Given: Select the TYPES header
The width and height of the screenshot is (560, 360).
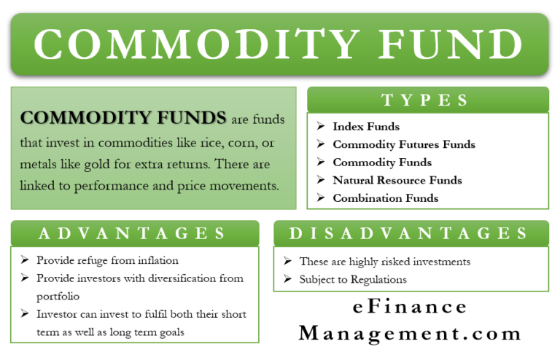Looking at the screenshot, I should [x=427, y=100].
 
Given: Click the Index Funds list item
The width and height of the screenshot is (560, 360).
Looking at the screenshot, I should [x=366, y=126].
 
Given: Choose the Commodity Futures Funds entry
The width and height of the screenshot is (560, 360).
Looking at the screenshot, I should [x=404, y=144].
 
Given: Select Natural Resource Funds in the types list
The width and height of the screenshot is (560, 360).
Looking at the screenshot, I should [x=397, y=180].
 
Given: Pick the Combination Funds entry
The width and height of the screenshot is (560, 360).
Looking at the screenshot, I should [x=386, y=198].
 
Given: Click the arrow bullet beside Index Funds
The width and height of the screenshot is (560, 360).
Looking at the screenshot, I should [x=320, y=126].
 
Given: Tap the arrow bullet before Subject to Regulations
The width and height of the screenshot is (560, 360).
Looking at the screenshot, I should [x=287, y=279].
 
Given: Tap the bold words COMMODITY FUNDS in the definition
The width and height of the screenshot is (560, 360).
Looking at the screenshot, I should [x=122, y=118].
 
